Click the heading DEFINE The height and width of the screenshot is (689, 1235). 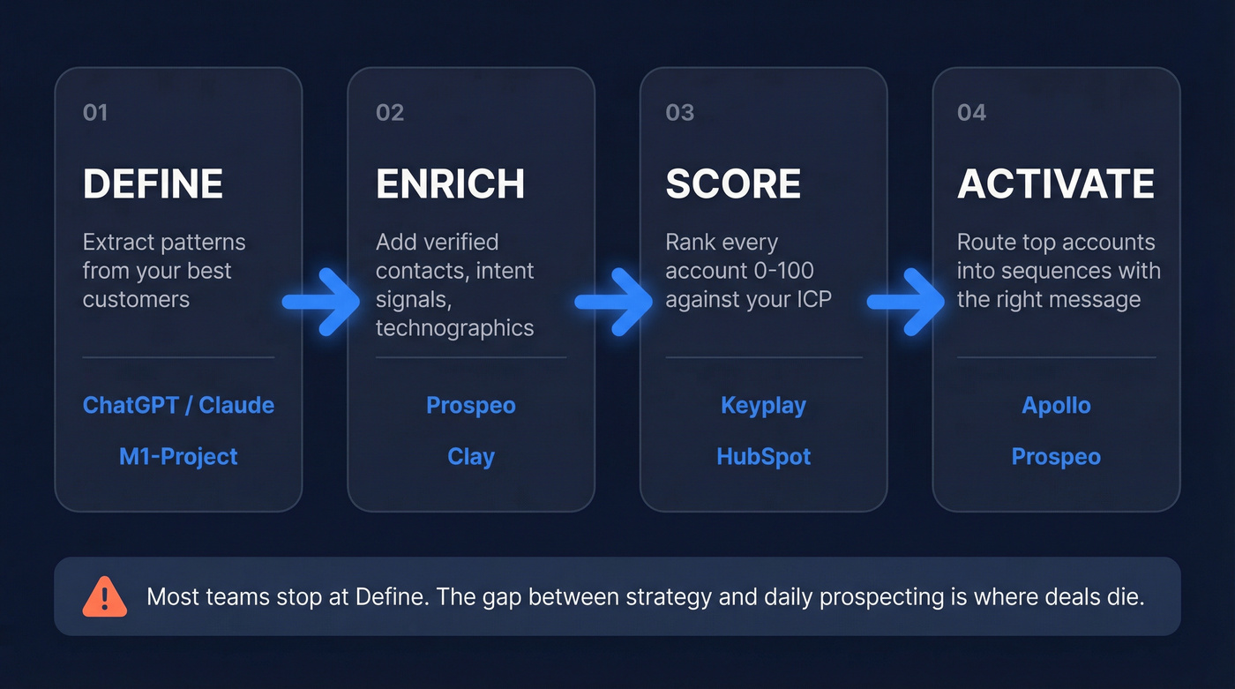153,184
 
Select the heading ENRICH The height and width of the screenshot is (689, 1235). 450,184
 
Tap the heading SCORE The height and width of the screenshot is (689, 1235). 733,184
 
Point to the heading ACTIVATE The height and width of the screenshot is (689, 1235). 1056,184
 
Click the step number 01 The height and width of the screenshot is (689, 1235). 95,113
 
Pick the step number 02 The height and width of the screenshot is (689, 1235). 390,113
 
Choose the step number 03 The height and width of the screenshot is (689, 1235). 680,113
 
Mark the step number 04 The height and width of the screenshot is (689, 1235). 971,113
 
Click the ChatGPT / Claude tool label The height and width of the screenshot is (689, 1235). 178,406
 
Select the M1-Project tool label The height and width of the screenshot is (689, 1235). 178,457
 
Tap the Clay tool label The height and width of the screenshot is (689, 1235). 471,457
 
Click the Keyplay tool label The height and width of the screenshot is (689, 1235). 763,406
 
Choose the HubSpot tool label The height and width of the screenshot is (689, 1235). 763,457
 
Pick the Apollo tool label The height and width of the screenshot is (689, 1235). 1056,406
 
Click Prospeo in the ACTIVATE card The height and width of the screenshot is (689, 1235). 1056,457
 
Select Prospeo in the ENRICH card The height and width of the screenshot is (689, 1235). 471,406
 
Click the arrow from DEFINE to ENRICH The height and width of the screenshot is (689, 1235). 322,302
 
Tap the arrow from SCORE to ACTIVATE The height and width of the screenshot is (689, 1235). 907,302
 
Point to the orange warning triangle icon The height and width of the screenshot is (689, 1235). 105,596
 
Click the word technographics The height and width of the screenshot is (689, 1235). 454,328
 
